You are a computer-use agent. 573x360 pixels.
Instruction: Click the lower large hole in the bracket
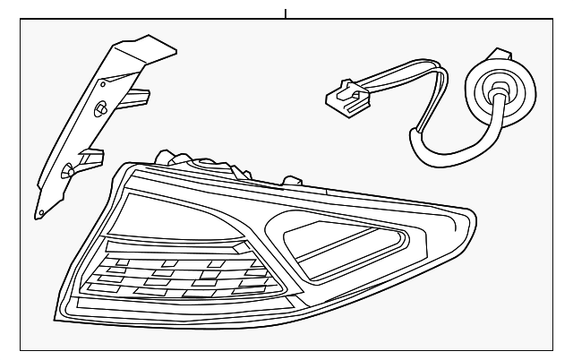pos(67,170)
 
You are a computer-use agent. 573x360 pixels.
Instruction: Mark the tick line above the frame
pos(286,13)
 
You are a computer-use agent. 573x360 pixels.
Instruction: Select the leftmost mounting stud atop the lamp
pos(166,157)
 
